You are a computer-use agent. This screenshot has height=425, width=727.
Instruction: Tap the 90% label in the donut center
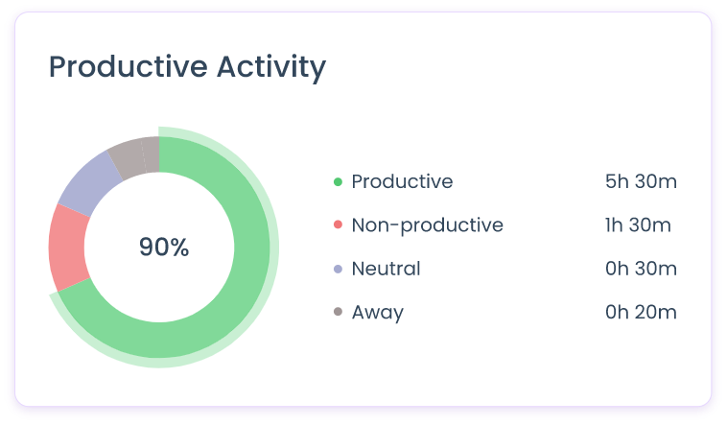pyautogui.click(x=164, y=248)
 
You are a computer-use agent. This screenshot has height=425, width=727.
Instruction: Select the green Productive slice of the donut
pyautogui.click(x=240, y=288)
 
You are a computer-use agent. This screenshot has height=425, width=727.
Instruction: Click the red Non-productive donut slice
pyautogui.click(x=67, y=248)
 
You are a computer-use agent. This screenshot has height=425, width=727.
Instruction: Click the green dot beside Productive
pyautogui.click(x=338, y=182)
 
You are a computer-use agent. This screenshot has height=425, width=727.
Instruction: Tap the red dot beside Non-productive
pyautogui.click(x=338, y=225)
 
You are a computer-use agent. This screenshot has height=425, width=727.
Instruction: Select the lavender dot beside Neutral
pyautogui.click(x=338, y=270)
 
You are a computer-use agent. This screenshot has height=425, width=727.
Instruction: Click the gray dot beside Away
pyautogui.click(x=338, y=313)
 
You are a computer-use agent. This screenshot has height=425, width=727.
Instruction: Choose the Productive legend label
pyautogui.click(x=402, y=182)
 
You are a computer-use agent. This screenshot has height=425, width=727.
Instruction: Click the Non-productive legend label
pyautogui.click(x=427, y=225)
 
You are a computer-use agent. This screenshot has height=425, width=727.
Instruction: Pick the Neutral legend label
pyautogui.click(x=386, y=270)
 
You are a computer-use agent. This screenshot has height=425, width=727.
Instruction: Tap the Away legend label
pyautogui.click(x=377, y=313)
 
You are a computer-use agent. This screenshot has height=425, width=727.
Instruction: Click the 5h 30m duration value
pyautogui.click(x=641, y=182)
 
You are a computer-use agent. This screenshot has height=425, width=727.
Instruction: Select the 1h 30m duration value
pyautogui.click(x=638, y=225)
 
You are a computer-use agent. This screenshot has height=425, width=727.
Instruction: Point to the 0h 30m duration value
pyautogui.click(x=641, y=270)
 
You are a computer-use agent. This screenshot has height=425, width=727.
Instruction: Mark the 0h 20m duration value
pyautogui.click(x=641, y=313)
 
